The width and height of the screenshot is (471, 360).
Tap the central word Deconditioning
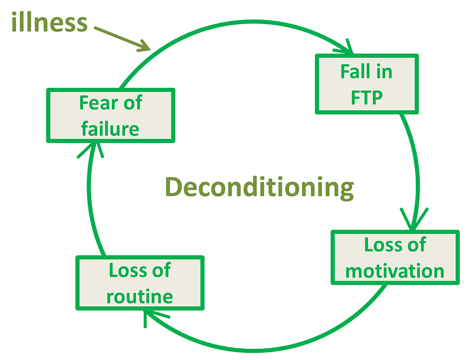[x=259, y=187]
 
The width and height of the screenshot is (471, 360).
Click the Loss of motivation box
[x=394, y=257]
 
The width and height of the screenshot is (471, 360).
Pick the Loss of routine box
[x=140, y=283]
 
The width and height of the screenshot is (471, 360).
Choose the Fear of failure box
[x=110, y=115]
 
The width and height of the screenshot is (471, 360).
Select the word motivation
[x=394, y=270]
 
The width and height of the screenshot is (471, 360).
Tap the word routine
[x=140, y=296]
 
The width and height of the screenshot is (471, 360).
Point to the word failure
[x=110, y=128]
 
